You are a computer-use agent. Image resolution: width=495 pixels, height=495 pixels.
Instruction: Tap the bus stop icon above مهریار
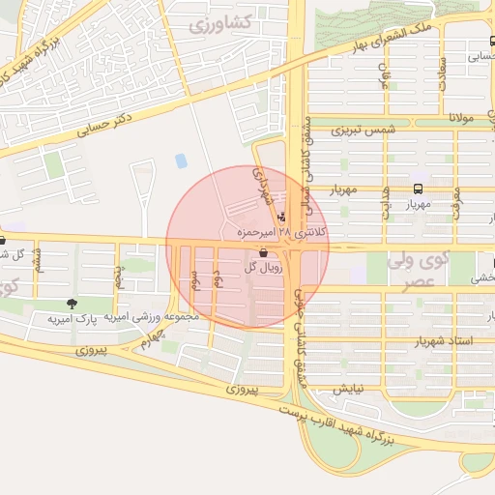(x=418, y=189)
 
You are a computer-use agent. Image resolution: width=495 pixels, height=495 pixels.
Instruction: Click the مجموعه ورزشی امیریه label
(x=155, y=317)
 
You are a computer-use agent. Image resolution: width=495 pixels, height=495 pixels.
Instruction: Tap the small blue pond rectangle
(x=180, y=160)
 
